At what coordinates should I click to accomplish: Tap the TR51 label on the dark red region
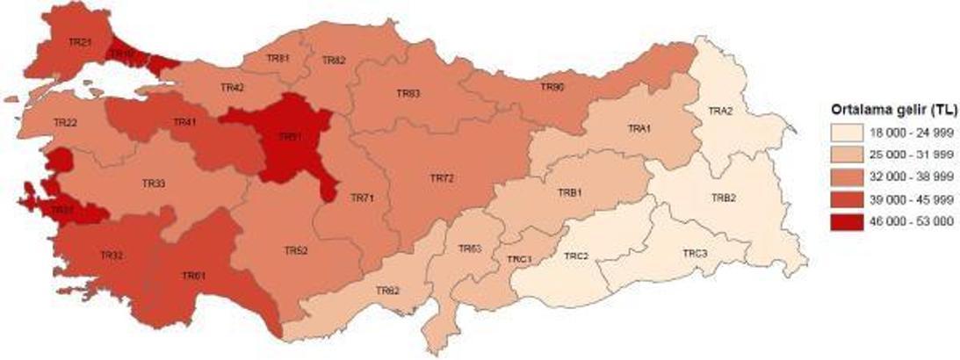point(289,137)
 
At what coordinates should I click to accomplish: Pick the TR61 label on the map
point(193,276)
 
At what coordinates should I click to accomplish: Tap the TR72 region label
point(442,178)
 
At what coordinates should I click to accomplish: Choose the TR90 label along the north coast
point(552,87)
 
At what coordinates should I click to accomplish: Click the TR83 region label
point(408,93)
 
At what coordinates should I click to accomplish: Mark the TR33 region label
point(153,184)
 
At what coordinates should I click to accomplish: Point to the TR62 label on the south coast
point(387,290)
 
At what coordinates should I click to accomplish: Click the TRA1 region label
point(639,129)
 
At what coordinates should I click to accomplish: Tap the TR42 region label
point(232,88)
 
